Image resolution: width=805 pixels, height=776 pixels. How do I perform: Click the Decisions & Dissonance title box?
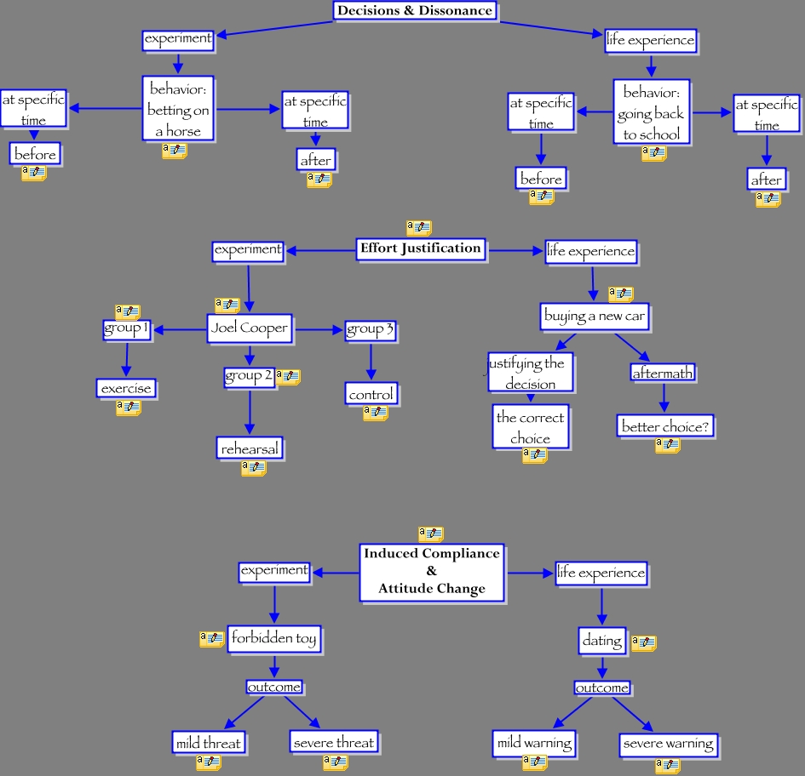(414, 11)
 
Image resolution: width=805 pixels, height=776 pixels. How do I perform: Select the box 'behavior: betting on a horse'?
(178, 109)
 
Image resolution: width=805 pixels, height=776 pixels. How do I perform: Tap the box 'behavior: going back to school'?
(651, 112)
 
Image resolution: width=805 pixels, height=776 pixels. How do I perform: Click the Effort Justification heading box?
(421, 249)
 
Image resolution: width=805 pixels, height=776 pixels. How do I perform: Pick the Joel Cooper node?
(249, 328)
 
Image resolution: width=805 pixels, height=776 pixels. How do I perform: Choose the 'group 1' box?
(126, 329)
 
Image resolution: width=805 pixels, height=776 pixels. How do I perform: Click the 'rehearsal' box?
(250, 448)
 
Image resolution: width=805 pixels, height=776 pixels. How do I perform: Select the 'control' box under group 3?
(371, 395)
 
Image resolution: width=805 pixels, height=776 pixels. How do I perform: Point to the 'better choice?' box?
(664, 426)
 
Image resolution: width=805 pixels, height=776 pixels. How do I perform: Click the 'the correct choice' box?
(530, 427)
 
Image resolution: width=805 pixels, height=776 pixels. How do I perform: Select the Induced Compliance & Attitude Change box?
(432, 571)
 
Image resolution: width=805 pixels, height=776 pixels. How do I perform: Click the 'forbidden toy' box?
(273, 638)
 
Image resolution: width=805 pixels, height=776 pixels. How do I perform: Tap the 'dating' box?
(602, 639)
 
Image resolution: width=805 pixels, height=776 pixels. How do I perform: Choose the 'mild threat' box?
(209, 743)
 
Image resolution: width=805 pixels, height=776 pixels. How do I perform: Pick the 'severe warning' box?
(668, 745)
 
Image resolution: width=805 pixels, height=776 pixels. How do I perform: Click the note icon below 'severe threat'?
(335, 762)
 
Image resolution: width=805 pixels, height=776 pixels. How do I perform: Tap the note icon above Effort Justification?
(419, 228)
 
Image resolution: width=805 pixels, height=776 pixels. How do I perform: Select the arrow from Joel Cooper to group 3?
(318, 329)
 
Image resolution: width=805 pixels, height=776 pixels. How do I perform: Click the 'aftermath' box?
(663, 373)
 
